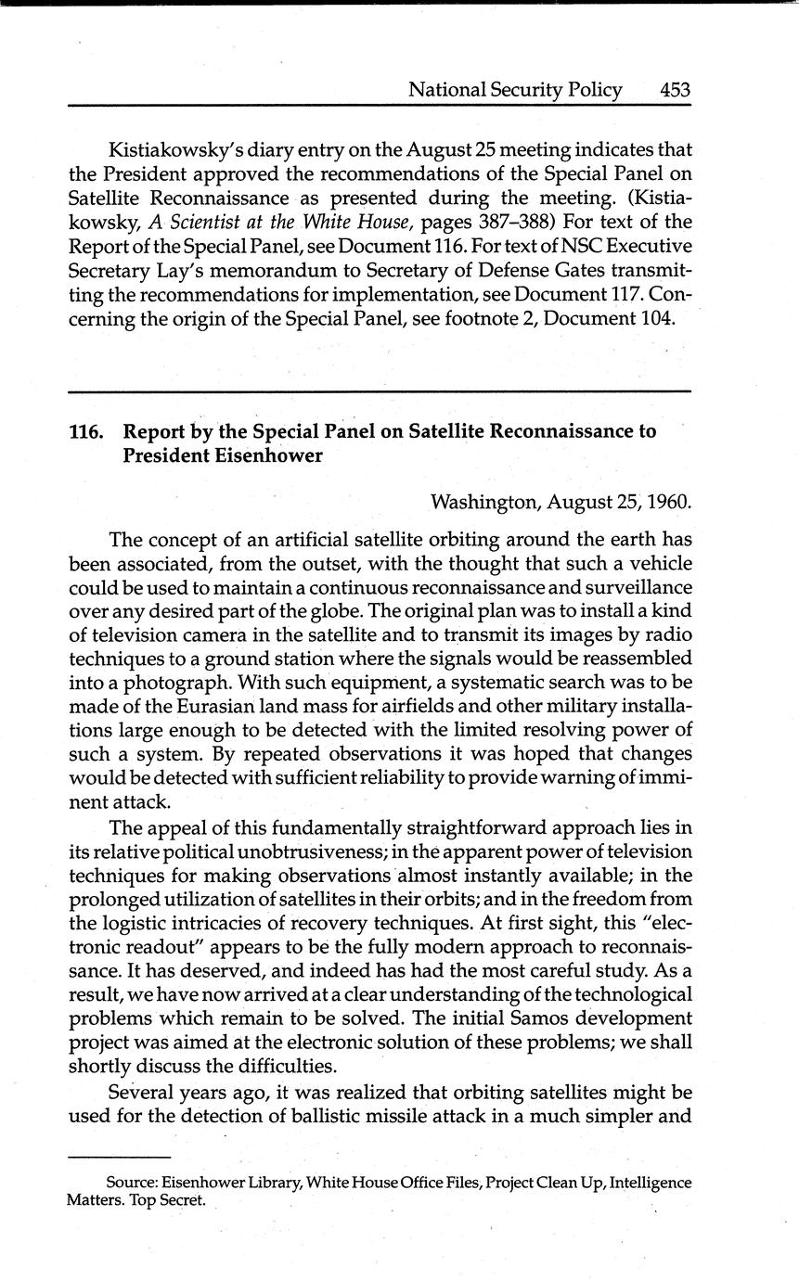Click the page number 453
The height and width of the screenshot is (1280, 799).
pos(675,90)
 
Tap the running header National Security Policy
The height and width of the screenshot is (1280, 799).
pos(515,90)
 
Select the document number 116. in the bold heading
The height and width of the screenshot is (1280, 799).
pos(85,431)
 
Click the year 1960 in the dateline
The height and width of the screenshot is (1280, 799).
pos(667,503)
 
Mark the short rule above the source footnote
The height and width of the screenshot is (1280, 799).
pos(119,1158)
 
